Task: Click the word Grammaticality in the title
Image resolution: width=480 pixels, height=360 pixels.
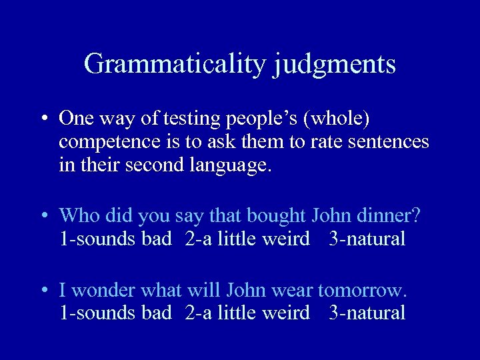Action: pos(175,64)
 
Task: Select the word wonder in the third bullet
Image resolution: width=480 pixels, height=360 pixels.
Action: pos(99,291)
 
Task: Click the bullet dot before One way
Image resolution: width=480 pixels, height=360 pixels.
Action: pos(43,119)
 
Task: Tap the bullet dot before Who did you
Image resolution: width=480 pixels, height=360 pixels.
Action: pos(43,216)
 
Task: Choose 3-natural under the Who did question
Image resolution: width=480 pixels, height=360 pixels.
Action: pos(367,239)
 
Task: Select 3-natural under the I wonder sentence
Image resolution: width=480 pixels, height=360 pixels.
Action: pos(367,313)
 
